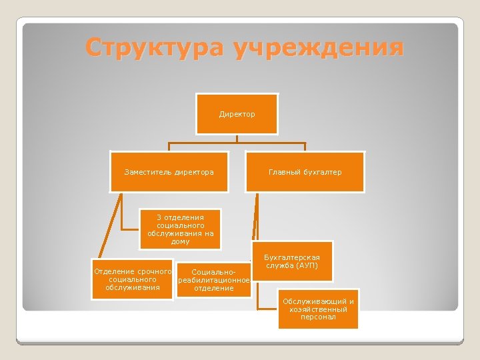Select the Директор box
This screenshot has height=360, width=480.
(237, 114)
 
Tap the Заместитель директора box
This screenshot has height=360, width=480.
(169, 172)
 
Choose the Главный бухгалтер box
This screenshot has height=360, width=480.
(305, 172)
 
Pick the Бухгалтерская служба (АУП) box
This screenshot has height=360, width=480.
(291, 261)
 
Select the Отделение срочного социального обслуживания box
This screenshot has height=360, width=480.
(132, 279)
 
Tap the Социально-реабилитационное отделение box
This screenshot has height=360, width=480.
(213, 280)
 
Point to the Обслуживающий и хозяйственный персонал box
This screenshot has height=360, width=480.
(318, 309)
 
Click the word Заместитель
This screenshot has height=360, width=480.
(148, 172)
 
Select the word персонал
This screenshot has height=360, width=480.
(318, 317)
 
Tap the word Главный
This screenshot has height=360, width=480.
(283, 172)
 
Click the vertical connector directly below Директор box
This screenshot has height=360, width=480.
(237, 139)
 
